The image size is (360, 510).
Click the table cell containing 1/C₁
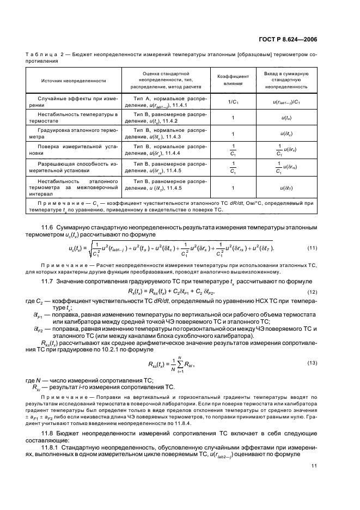point(233,102)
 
